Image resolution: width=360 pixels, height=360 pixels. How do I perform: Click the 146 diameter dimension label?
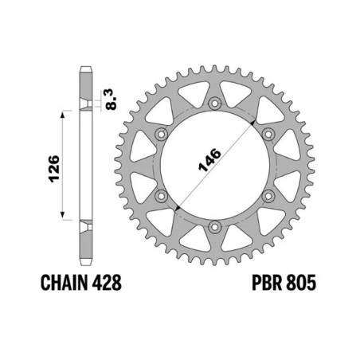point(209,160)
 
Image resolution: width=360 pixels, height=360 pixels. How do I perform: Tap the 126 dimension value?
point(54,168)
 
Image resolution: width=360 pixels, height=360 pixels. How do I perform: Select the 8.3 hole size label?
point(111,100)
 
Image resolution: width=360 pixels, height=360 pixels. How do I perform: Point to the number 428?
point(107,282)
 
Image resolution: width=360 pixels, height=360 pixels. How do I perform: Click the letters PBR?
point(267,282)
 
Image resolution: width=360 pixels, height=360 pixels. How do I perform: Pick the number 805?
point(301,282)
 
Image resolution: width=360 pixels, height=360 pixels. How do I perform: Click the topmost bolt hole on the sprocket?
point(215,103)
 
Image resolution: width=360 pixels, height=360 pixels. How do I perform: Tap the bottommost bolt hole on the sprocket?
point(215,227)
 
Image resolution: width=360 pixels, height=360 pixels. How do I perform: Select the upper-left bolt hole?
point(161,134)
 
